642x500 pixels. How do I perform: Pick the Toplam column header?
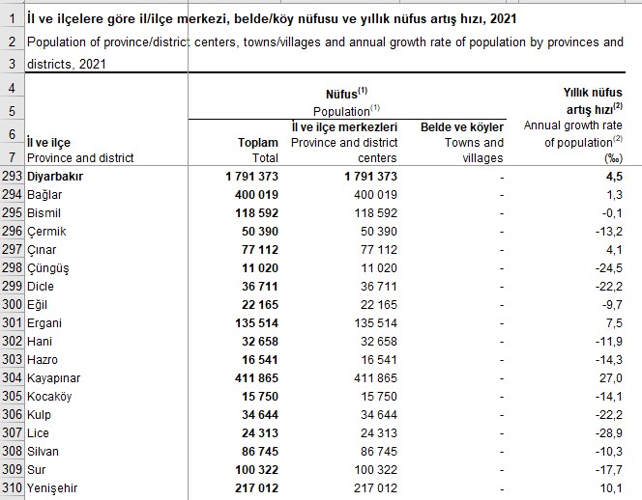coord(258,143)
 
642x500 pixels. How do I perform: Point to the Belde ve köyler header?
coord(462,127)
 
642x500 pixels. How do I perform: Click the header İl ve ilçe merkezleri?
coord(345,127)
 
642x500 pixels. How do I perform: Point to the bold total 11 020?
coord(253,268)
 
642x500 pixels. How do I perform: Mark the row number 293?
coord(13,177)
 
